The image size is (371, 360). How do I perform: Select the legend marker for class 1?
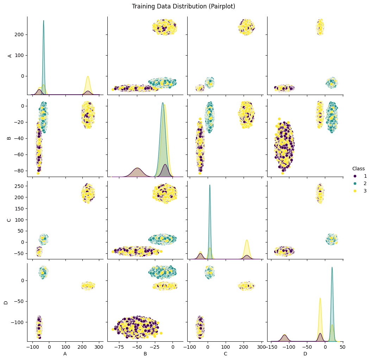[x=355, y=176]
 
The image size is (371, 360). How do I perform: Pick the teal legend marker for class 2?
[x=355, y=183]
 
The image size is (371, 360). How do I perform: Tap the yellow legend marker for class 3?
[x=355, y=190]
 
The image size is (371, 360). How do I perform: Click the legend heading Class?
[x=358, y=169]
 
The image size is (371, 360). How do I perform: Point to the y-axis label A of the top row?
[x=10, y=56]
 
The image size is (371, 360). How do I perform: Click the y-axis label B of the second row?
[x=10, y=138]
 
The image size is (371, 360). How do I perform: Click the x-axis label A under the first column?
[x=65, y=353]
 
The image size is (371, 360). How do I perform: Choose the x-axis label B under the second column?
[x=145, y=353]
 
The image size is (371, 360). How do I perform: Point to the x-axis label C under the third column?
[x=225, y=353]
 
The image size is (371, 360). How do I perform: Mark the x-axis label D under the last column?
[x=305, y=353]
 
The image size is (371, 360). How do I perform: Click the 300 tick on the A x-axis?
[x=99, y=346]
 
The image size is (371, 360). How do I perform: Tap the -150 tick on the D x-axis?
[x=271, y=346]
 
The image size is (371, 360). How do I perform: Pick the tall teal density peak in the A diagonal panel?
[x=44, y=21]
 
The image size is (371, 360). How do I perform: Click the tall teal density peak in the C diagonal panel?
[x=210, y=185]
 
